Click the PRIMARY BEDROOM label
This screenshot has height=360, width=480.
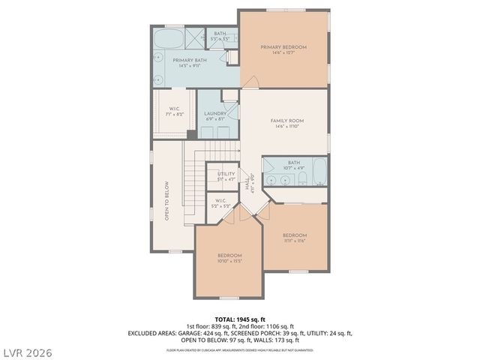[283, 47]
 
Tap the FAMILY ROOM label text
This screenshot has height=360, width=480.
[286, 120]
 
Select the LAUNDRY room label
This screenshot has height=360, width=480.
[215, 113]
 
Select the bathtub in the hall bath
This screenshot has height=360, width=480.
[319, 172]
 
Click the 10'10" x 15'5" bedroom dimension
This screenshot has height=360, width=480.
[229, 261]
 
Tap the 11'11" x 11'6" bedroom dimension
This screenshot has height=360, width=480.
[295, 241]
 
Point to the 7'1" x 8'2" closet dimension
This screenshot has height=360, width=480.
[173, 114]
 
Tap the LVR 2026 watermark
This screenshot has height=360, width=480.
[27, 350]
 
